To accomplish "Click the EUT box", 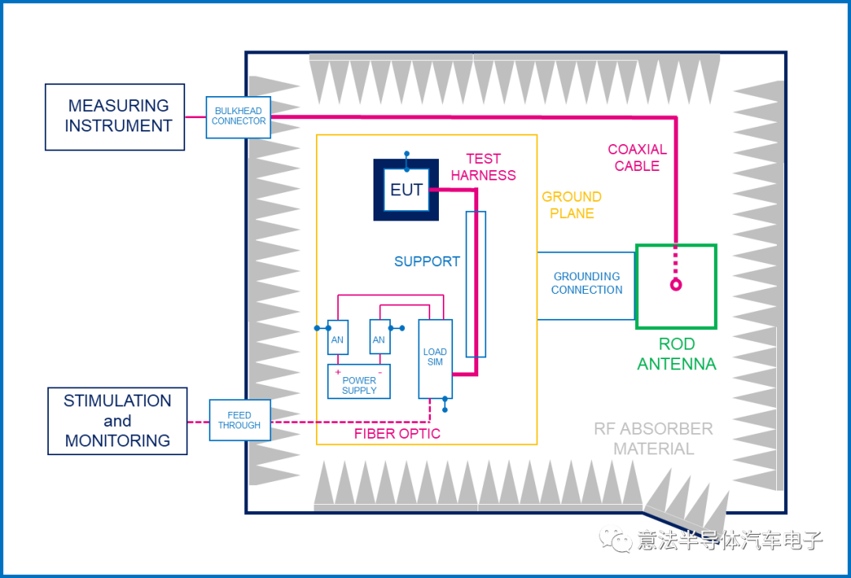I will (406, 190).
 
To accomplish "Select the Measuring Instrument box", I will (115, 117).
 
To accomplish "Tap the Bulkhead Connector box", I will (238, 117).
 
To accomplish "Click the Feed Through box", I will (240, 420).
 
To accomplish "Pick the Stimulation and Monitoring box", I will (117, 421).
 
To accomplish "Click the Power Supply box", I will (359, 382).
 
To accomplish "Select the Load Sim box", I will (435, 358).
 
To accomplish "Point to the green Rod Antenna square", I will (676, 286).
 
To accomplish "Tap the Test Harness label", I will (484, 167).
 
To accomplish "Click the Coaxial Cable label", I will (637, 157).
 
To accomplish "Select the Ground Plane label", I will (572, 205).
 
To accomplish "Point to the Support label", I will (427, 261).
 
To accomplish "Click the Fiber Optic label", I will (397, 433).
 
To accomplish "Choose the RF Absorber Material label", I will (653, 439).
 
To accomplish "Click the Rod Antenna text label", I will (676, 354).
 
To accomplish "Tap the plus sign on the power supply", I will (338, 371).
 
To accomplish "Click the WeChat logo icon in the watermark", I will (615, 539).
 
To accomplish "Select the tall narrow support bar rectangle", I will (475, 284).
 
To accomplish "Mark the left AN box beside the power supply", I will (337, 337).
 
